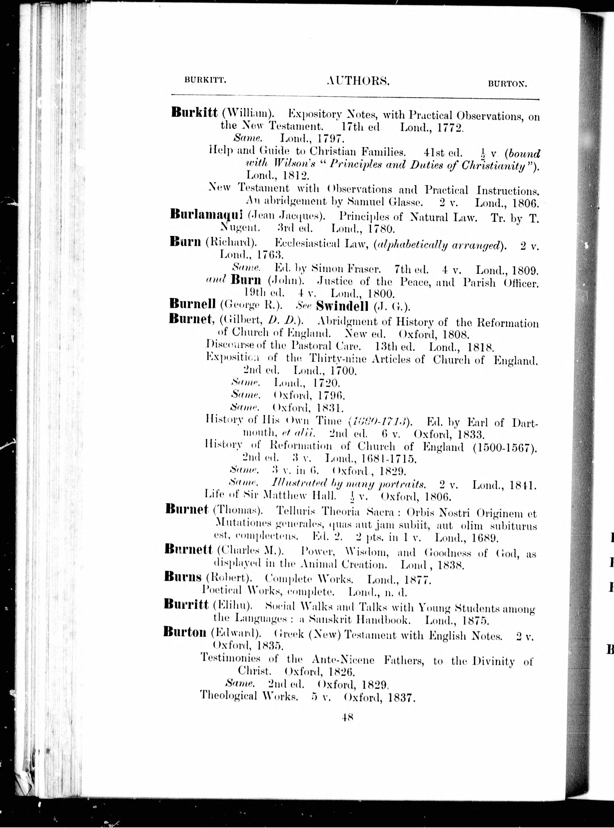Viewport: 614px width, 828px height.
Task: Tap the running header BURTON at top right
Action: [508, 84]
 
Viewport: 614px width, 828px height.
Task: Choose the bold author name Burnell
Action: [192, 304]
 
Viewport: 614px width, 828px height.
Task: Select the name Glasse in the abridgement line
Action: [407, 203]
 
